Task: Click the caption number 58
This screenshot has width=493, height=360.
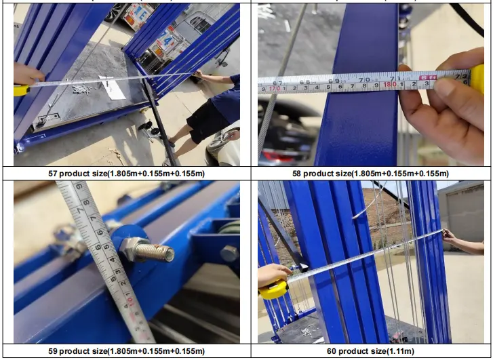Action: pyautogui.click(x=296, y=174)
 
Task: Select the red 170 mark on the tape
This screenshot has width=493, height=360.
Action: pyautogui.click(x=273, y=88)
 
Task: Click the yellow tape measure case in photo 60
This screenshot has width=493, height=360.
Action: pyautogui.click(x=273, y=289)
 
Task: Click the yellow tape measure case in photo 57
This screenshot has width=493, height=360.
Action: pyautogui.click(x=20, y=90)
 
